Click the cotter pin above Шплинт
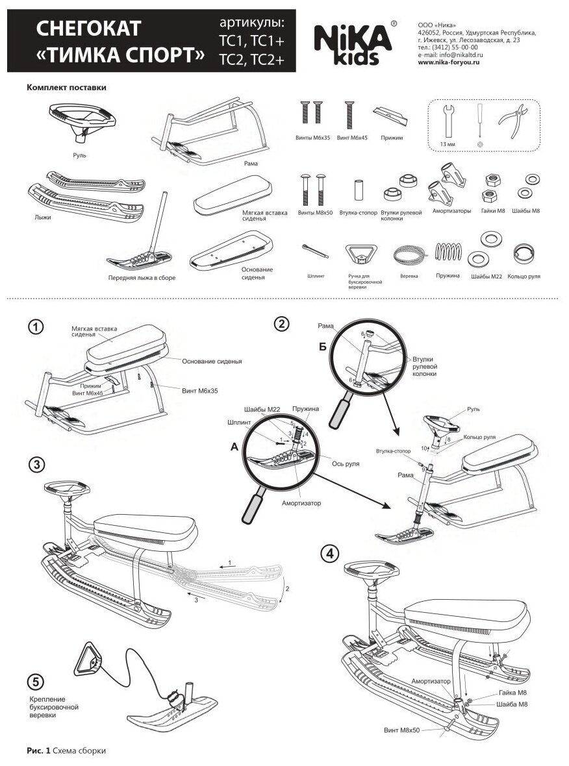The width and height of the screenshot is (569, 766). coord(313,251)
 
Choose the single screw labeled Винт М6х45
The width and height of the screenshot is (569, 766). coord(349,116)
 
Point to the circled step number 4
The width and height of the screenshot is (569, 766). coord(331,553)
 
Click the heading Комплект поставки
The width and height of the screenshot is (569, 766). coord(66,87)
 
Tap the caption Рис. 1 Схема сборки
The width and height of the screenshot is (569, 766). coord(66,750)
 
